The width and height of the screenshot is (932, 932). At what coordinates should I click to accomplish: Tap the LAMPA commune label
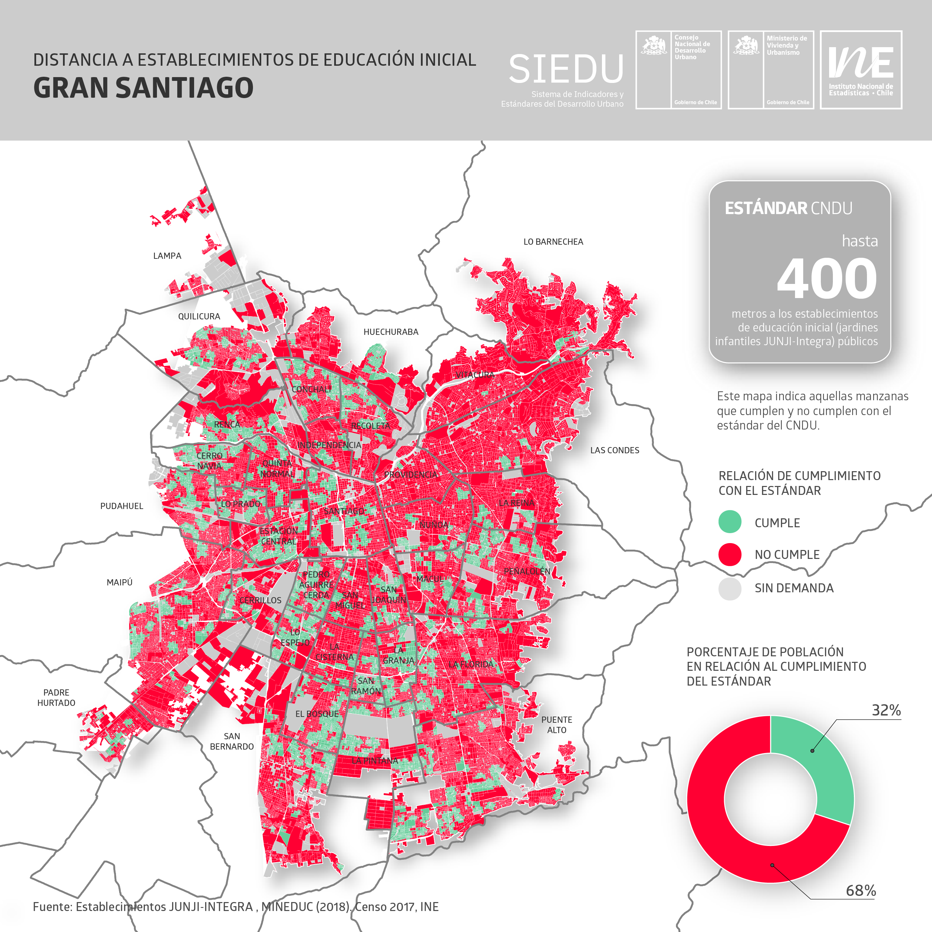pyautogui.click(x=167, y=256)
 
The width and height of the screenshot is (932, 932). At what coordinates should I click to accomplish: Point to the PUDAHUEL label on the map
pyautogui.click(x=121, y=506)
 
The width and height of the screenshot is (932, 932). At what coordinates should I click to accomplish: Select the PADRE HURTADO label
pyautogui.click(x=56, y=698)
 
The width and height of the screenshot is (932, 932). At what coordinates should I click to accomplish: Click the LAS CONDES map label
pyautogui.click(x=615, y=450)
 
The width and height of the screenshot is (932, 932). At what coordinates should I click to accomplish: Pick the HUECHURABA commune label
pyautogui.click(x=391, y=332)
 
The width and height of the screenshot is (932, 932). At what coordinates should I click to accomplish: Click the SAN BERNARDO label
pyautogui.click(x=232, y=741)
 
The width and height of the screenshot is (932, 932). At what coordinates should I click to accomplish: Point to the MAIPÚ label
pyautogui.click(x=119, y=582)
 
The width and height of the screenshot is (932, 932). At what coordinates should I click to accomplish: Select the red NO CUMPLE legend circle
pyautogui.click(x=729, y=554)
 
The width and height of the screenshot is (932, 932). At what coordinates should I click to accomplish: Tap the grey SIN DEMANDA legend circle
pyautogui.click(x=729, y=588)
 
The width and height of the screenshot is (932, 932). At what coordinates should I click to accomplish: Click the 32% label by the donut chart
pyautogui.click(x=886, y=710)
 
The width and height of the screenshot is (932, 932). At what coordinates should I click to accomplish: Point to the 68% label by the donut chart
pyautogui.click(x=861, y=890)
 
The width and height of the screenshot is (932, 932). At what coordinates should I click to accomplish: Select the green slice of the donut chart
pyautogui.click(x=820, y=762)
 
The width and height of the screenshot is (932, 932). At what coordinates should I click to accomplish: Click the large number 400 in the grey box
pyautogui.click(x=826, y=279)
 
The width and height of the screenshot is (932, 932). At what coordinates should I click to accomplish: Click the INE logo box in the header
pyautogui.click(x=861, y=70)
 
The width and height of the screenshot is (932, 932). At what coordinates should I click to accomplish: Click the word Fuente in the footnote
pyautogui.click(x=52, y=907)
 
